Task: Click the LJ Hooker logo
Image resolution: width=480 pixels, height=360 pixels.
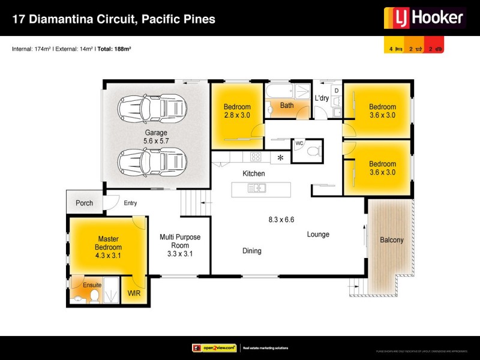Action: tap(425, 18)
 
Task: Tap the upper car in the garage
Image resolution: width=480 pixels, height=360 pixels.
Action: tap(152, 109)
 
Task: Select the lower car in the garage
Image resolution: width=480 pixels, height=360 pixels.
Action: tap(152, 160)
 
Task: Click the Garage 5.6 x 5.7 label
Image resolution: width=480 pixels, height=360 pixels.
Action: tap(155, 137)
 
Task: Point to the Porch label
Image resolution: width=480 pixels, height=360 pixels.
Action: tap(85, 203)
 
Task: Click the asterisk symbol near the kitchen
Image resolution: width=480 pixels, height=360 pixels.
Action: tap(280, 158)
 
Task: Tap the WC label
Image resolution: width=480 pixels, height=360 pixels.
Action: tap(299, 143)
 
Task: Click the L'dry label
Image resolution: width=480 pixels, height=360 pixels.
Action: tap(322, 98)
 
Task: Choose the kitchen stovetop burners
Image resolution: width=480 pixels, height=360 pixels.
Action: tap(255, 157)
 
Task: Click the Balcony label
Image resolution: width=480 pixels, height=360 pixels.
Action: tap(392, 240)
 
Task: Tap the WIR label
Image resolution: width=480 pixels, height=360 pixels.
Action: tap(133, 295)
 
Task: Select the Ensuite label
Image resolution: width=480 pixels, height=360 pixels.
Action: tap(92, 285)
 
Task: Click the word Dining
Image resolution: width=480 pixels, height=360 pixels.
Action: tap(252, 251)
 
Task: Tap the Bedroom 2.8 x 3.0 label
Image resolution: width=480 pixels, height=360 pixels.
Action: tap(236, 111)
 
